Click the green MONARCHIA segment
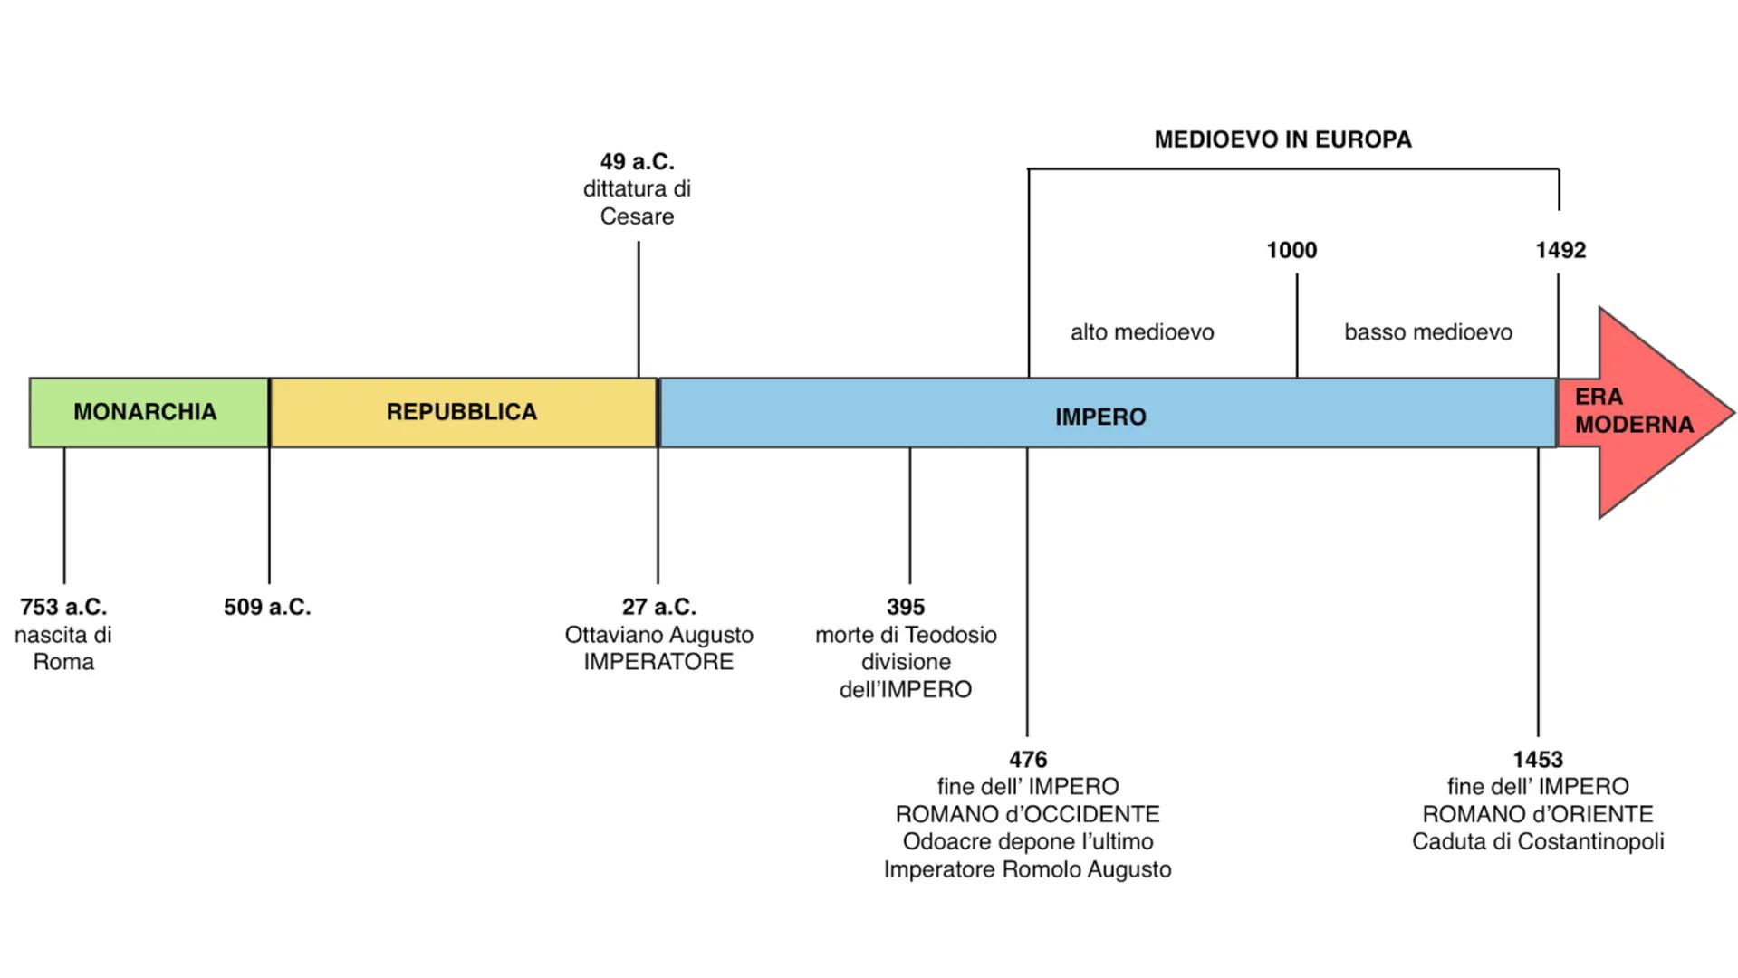click(x=145, y=412)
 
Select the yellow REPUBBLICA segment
click(x=462, y=412)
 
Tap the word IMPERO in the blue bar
click(x=1100, y=417)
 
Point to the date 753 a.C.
click(x=63, y=607)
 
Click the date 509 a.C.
click(x=267, y=607)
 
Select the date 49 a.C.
click(x=637, y=161)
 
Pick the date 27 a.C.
click(x=658, y=607)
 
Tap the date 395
click(x=906, y=607)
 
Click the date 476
click(x=1028, y=759)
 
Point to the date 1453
click(x=1538, y=759)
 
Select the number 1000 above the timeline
click(x=1291, y=250)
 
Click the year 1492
click(x=1560, y=250)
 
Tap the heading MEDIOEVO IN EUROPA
click(x=1282, y=139)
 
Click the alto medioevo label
click(x=1142, y=332)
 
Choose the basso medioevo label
click(x=1428, y=332)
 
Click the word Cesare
click(x=637, y=216)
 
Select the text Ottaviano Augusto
click(x=658, y=635)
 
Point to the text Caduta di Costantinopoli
click(x=1538, y=841)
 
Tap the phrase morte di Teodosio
click(x=906, y=635)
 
